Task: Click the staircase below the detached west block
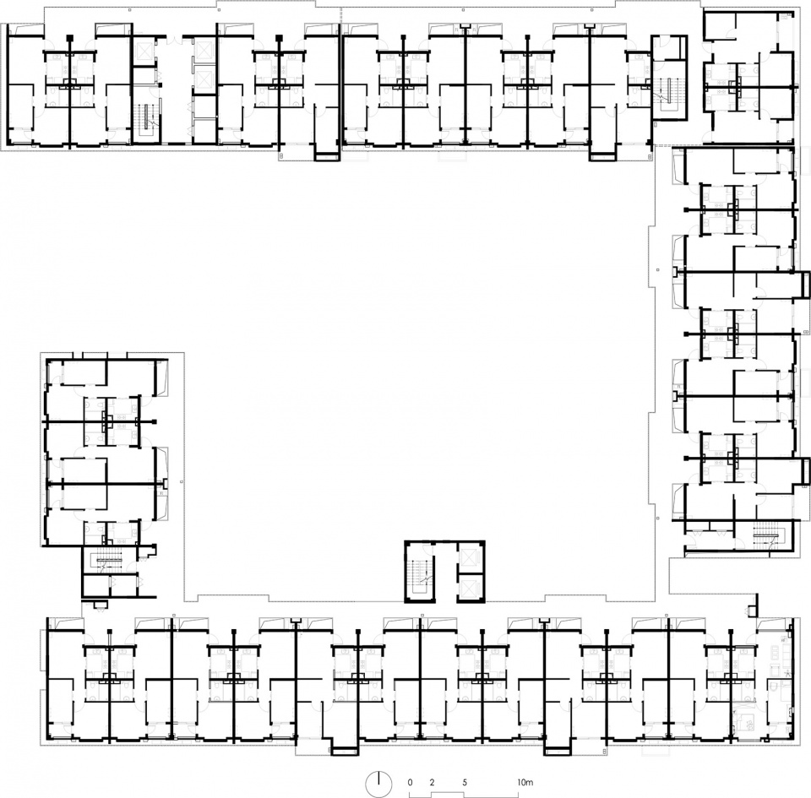[107, 562]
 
